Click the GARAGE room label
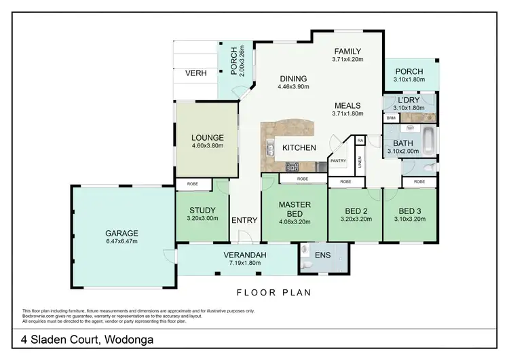pos(121,233)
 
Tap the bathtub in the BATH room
pos(428,142)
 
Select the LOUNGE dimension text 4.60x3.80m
pos(208,145)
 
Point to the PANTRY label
pos(338,161)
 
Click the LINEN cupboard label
pos(359,162)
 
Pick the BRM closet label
pos(391,118)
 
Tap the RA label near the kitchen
pos(360,141)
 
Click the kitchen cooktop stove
pos(292,167)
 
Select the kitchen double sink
pos(269,149)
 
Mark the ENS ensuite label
pos(322,255)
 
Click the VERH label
pos(195,73)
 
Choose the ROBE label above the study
pos(193,184)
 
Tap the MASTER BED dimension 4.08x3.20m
pos(295,222)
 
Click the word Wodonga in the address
pos(129,340)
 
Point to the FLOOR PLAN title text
pos(274,293)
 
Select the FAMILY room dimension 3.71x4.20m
pos(347,60)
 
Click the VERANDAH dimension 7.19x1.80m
pos(245,263)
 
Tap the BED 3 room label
pos(410,211)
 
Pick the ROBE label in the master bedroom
pos(303,179)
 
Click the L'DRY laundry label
pos(409,100)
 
